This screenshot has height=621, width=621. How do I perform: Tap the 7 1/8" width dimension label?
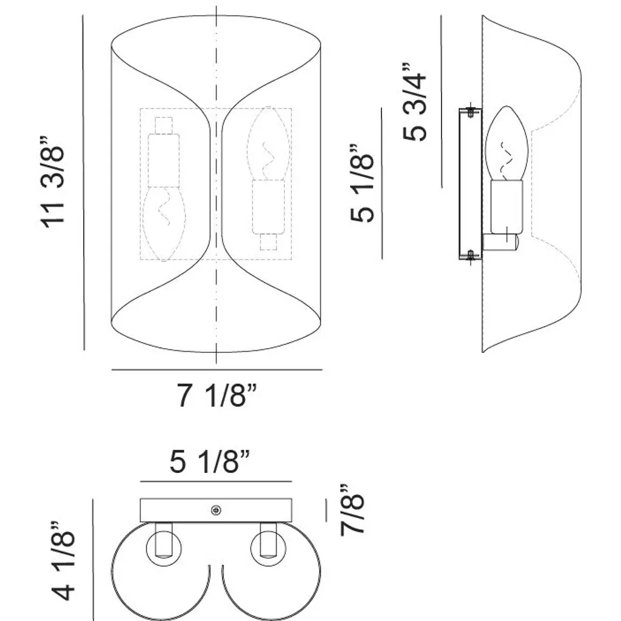pyautogui.click(x=217, y=395)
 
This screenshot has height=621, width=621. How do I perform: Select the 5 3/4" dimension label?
pyautogui.click(x=415, y=101)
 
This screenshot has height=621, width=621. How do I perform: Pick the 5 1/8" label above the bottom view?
pyautogui.click(x=210, y=462)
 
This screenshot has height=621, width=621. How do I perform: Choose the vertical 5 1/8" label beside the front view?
pyautogui.click(x=362, y=183)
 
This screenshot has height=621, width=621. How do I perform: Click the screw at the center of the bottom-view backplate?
pyautogui.click(x=217, y=511)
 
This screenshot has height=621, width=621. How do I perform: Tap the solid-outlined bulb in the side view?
pyautogui.click(x=506, y=143)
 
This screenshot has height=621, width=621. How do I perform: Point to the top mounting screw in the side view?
pyautogui.click(x=471, y=112)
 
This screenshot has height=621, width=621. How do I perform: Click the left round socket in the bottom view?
pyautogui.click(x=164, y=548)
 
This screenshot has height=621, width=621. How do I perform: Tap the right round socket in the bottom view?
pyautogui.click(x=269, y=548)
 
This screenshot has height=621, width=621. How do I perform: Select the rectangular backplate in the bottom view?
pyautogui.click(x=217, y=511)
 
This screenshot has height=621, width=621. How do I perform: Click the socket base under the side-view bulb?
pyautogui.click(x=506, y=207)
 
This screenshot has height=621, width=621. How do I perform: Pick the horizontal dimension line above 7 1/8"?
pyautogui.click(x=217, y=370)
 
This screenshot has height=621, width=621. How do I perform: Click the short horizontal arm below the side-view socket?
pyautogui.click(x=500, y=242)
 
